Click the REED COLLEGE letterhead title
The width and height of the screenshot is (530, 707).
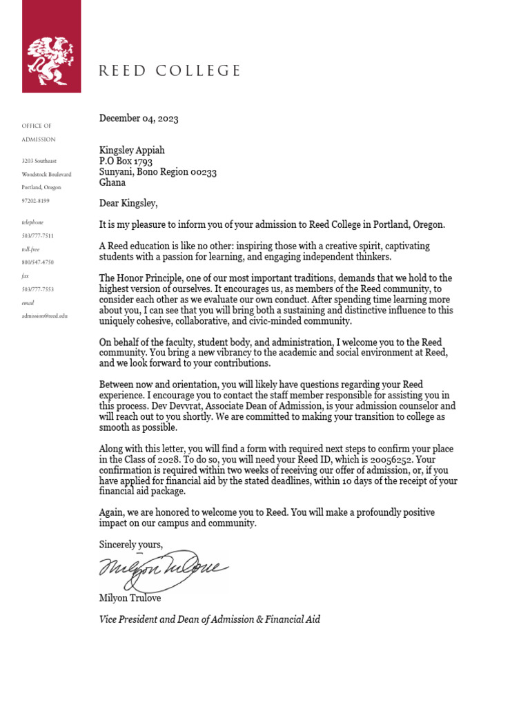click(170, 70)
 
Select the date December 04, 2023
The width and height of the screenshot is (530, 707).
click(139, 118)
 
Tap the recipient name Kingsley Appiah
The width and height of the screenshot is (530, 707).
click(132, 151)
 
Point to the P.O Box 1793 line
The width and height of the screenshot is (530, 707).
click(126, 162)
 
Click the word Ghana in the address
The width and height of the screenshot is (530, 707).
click(112, 183)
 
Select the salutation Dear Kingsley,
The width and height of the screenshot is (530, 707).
click(128, 204)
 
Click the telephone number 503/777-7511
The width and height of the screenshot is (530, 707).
click(37, 235)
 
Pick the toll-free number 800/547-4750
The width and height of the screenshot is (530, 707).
click(37, 262)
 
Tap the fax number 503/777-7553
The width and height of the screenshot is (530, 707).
click(37, 289)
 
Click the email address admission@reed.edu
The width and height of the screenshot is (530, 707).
click(45, 316)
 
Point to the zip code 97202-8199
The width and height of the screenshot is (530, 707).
click(36, 200)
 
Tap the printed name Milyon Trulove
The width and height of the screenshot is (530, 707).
click(130, 598)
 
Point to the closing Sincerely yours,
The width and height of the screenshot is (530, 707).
click(131, 545)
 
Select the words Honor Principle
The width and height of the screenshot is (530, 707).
click(151, 278)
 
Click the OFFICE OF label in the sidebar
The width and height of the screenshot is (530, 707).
click(37, 126)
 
